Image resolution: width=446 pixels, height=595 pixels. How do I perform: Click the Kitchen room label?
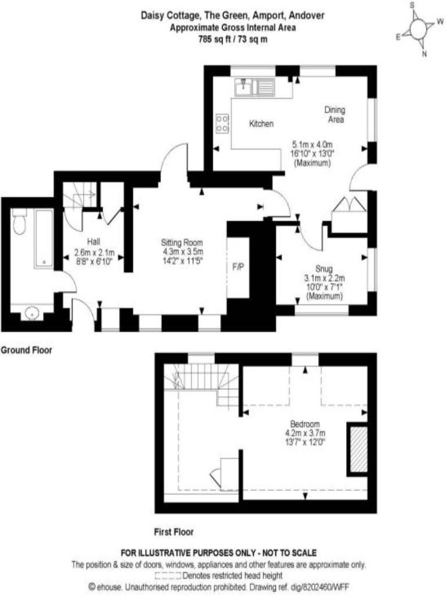[261, 124]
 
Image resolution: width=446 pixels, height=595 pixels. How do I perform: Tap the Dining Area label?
[334, 114]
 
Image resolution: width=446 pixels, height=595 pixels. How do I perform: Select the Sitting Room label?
[182, 242]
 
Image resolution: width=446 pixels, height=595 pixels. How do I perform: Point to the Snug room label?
[324, 268]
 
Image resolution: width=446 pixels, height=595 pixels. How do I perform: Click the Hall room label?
[93, 242]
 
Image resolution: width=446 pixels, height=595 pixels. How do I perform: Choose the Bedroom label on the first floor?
[305, 424]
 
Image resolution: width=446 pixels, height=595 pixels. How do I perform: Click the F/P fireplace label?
[238, 267]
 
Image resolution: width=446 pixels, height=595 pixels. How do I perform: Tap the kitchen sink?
[254, 87]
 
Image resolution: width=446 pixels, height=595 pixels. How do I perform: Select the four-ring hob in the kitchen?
[222, 124]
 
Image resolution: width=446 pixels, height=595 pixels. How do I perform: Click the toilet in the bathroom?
[19, 222]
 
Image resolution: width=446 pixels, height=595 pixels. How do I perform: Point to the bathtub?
[44, 238]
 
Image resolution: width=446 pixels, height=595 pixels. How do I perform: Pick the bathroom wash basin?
[32, 313]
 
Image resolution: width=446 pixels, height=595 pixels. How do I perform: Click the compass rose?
[419, 29]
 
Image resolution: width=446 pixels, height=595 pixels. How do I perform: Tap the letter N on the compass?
[425, 54]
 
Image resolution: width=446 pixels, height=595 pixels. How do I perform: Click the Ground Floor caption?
[26, 350]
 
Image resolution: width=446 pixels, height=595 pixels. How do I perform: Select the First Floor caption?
[174, 532]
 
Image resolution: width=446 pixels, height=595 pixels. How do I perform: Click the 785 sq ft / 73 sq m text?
[233, 39]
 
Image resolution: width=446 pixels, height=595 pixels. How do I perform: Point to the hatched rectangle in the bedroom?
[358, 449]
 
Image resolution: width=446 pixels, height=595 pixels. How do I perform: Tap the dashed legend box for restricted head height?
[168, 576]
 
